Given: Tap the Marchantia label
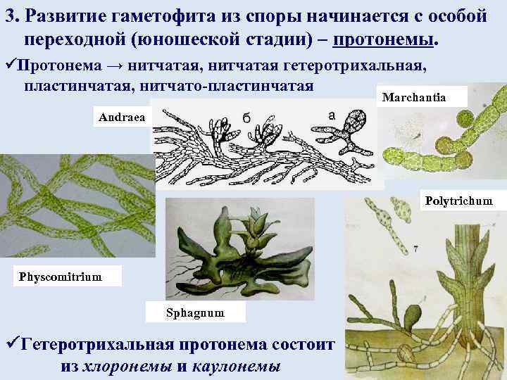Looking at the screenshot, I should click(x=423, y=97).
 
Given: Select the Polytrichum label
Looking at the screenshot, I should click(x=459, y=201).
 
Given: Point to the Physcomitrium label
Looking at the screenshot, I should click(x=61, y=277).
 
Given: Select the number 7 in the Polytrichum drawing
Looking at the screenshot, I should click(x=416, y=248).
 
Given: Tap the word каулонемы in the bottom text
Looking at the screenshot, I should click(x=236, y=366).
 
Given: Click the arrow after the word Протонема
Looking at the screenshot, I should click(x=116, y=67).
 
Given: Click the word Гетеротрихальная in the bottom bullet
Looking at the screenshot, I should click(x=103, y=345).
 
